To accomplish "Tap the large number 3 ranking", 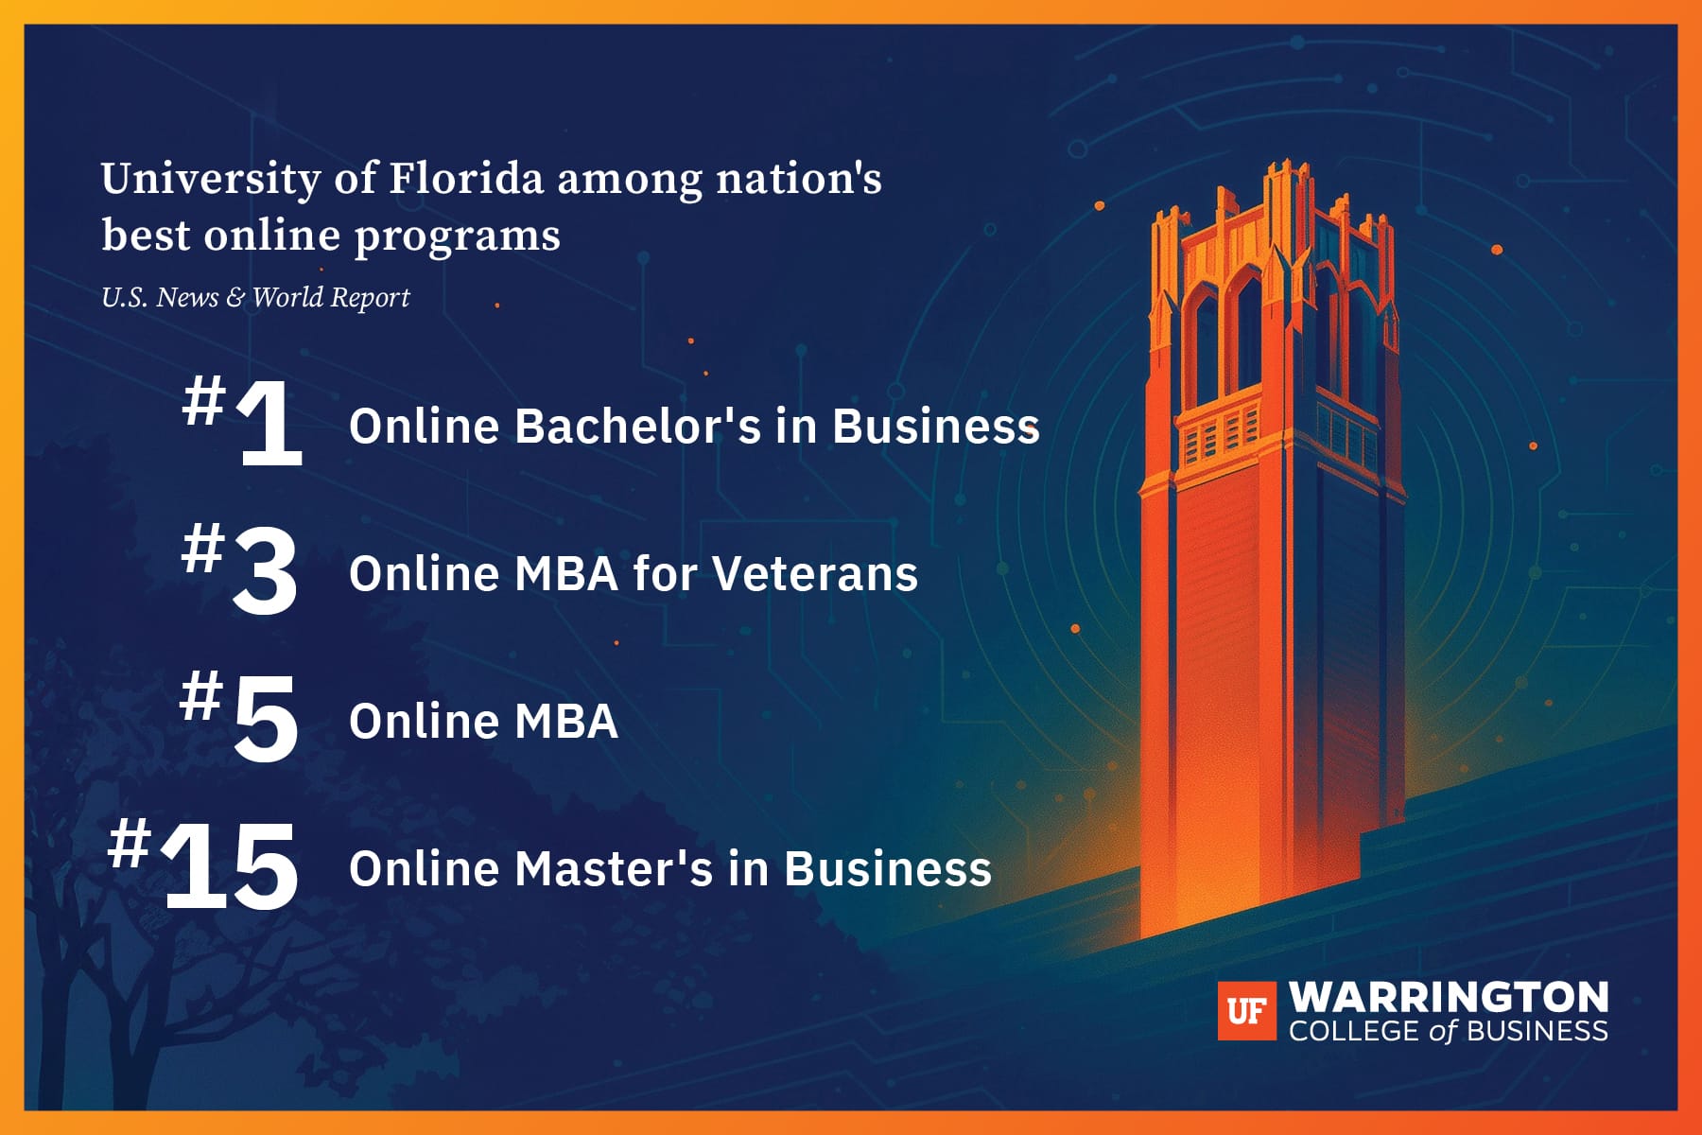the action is (266, 572).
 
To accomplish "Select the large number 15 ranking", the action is (231, 867).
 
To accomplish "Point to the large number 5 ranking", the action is (266, 720).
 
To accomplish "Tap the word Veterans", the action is (815, 573).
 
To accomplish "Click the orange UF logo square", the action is (1246, 1011).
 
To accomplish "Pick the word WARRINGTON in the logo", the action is (1449, 998).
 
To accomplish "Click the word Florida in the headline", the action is (467, 178).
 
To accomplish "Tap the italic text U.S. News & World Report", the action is (255, 297).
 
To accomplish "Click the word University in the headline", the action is (211, 179).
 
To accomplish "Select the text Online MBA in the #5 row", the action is (483, 721).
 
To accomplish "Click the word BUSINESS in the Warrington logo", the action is (1537, 1030).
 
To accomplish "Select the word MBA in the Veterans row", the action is (566, 573).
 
